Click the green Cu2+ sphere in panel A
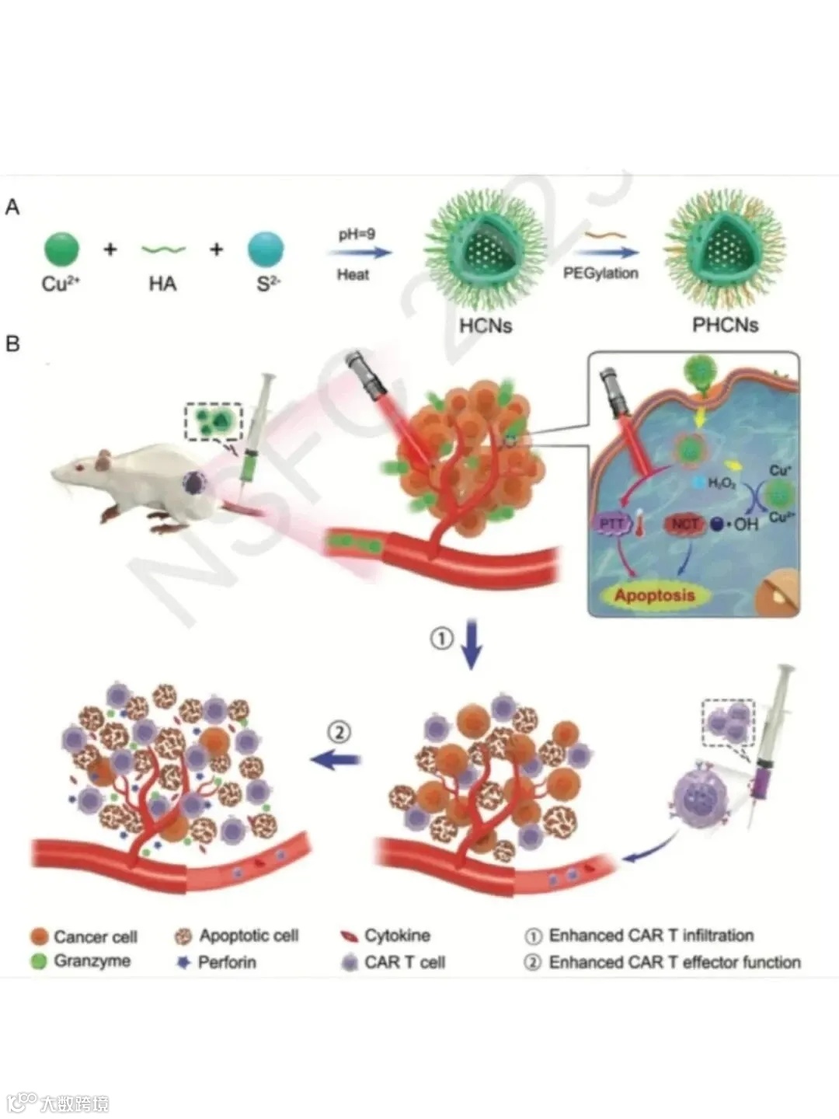[x=61, y=250]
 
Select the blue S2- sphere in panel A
[x=266, y=250]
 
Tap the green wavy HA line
[x=163, y=250]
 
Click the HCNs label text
[x=486, y=325]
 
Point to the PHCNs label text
[x=725, y=325]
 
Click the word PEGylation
[x=601, y=274]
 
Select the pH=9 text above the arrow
[x=357, y=235]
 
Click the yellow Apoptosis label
[x=654, y=596]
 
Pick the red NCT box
[x=684, y=525]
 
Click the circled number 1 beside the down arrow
[x=441, y=639]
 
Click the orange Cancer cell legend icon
[x=40, y=936]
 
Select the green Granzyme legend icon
[x=40, y=961]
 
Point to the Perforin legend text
[x=227, y=962]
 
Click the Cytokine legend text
[x=397, y=936]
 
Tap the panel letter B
[x=12, y=343]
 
